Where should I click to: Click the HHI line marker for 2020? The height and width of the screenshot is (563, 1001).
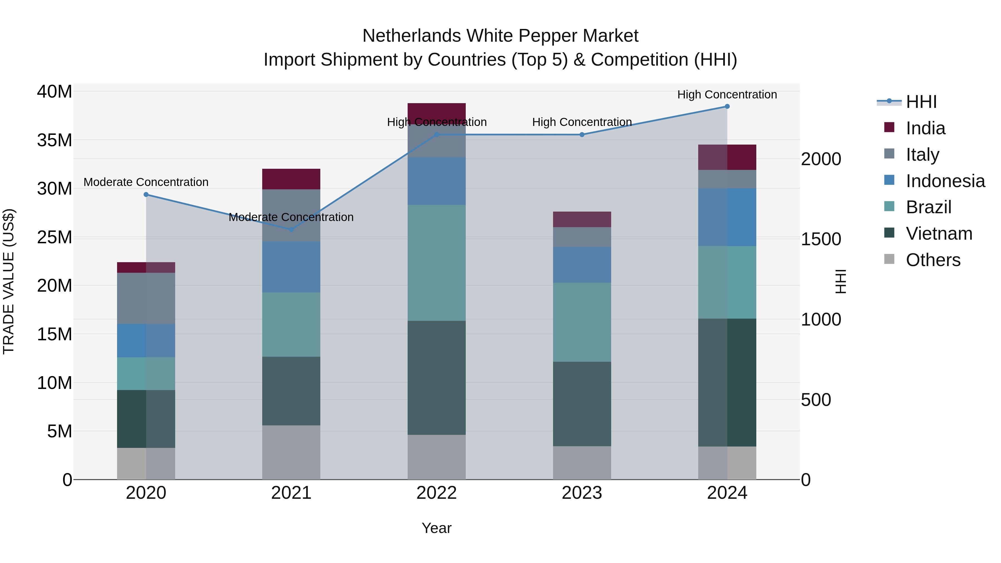pos(146,195)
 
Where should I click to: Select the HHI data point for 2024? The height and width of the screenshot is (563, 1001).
pos(727,106)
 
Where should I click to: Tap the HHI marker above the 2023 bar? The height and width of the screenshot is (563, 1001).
pos(582,135)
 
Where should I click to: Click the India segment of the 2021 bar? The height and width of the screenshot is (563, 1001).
pos(291,179)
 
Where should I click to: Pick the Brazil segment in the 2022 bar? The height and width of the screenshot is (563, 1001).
pos(436,263)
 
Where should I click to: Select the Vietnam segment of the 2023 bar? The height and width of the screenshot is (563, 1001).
pos(582,404)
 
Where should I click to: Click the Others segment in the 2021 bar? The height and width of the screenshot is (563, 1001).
pos(291,452)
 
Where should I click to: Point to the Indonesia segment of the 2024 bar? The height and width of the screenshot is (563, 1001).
pos(727,217)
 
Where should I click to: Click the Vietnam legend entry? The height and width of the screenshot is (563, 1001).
pos(938,234)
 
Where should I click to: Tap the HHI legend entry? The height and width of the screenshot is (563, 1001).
pos(921,102)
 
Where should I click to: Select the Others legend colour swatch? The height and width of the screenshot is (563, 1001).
pos(889,259)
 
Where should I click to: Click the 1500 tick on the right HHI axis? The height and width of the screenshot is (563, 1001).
pos(821,239)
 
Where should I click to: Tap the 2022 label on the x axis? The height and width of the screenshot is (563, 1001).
pos(436,493)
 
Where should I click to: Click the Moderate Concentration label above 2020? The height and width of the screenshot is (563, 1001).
pos(146,182)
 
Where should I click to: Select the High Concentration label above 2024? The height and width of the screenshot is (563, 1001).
pos(727,95)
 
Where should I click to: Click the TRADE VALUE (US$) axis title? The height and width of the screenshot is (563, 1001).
pos(9,281)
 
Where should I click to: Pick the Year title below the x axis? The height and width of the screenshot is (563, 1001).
pos(436,528)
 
